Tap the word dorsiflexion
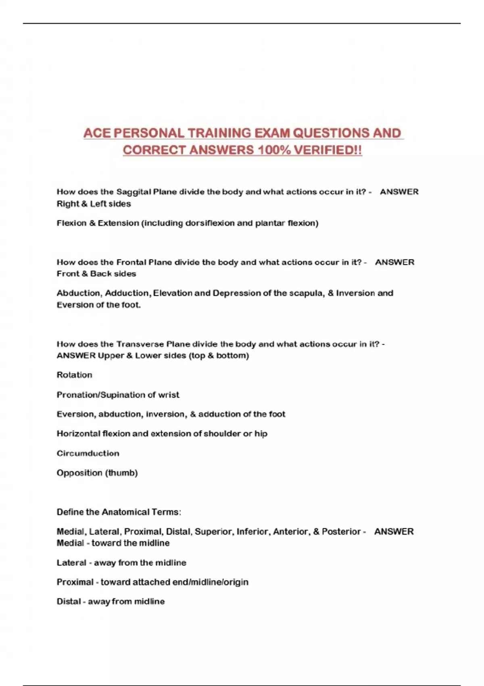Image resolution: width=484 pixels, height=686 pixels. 210,223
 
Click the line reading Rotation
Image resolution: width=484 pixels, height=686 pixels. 74,375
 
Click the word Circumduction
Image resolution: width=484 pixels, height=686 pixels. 88,453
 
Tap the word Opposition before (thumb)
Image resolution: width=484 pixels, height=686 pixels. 79,473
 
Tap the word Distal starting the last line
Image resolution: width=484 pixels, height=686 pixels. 69,602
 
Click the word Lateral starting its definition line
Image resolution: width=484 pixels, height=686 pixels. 71,563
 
